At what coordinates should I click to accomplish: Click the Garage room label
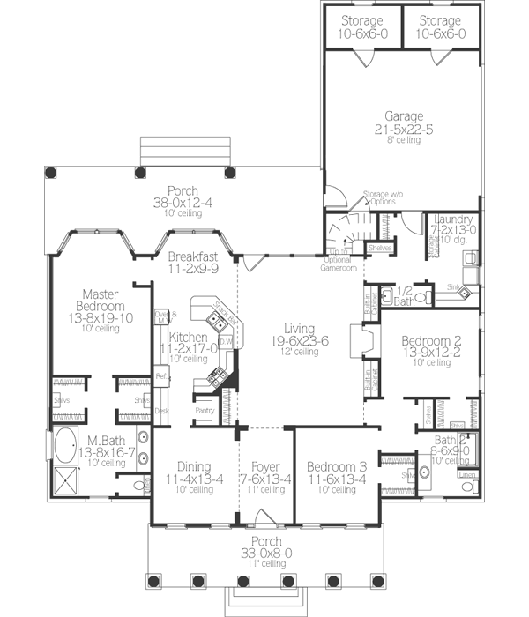point(404,115)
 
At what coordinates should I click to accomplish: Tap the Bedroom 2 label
point(426,341)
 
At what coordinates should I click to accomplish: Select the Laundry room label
point(454,219)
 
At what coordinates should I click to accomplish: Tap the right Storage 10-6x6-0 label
point(440,21)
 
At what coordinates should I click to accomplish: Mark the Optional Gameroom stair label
point(338,263)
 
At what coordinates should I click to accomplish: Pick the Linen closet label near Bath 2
point(468,475)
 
